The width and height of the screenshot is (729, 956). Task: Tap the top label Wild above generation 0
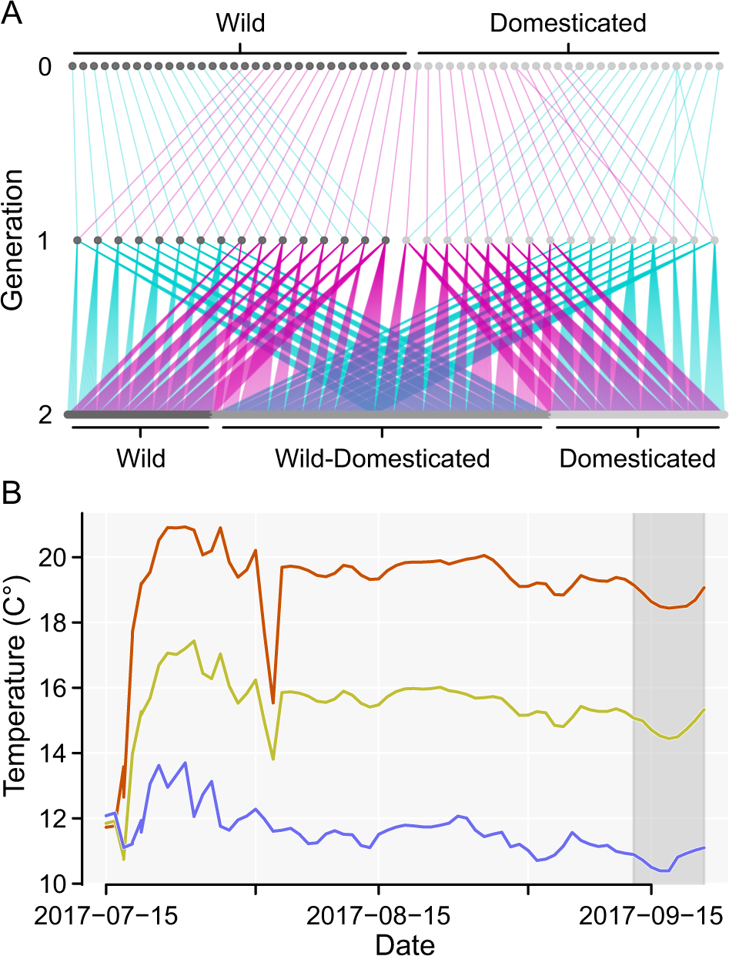[x=239, y=23]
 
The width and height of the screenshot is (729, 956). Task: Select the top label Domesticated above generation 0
[x=567, y=23]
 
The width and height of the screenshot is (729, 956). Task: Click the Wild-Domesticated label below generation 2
[x=383, y=459]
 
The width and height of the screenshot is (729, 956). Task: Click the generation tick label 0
[x=46, y=67]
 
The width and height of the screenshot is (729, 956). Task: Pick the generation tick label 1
[x=46, y=241]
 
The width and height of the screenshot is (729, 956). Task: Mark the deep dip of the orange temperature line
[x=273, y=702]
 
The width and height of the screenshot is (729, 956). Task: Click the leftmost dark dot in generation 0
[x=72, y=67]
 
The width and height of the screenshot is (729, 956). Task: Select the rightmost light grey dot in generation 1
[x=715, y=241]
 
